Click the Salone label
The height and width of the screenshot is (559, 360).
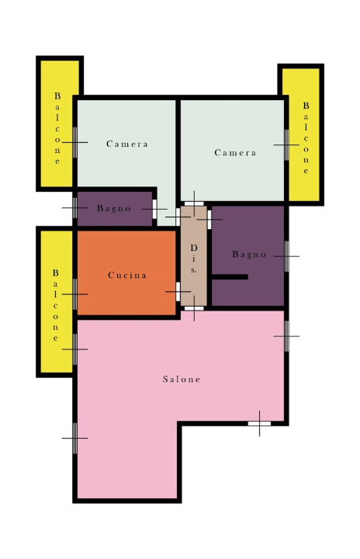pos(182,379)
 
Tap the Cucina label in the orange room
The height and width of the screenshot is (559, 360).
pos(127,275)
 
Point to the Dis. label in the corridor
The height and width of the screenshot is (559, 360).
pos(193,259)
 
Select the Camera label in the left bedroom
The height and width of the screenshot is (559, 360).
pos(127,144)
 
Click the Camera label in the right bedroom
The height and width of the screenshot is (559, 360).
pos(235,153)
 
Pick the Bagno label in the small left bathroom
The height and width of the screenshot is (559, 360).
pos(114,209)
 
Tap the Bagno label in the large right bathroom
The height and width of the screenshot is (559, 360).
pos(249,254)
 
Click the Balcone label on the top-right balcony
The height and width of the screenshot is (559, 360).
pos(306,138)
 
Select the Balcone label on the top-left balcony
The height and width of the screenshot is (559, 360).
pos(57,128)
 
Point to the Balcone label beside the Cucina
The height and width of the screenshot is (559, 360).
pos(55,305)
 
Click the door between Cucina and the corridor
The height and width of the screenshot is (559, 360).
pos(178,292)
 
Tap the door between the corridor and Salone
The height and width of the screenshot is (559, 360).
pos(194,308)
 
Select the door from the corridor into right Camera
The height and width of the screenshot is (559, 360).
pos(194,204)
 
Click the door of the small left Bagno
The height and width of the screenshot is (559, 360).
pos(154,209)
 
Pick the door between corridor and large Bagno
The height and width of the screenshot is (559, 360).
pos(209,220)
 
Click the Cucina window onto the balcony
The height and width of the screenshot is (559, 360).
pos(74,294)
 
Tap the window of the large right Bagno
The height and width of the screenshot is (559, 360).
pos(286,256)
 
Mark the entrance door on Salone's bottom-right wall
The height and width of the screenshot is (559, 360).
pos(259,424)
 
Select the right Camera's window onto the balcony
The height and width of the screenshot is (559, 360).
pos(286,145)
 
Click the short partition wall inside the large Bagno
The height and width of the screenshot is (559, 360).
pos(230,276)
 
